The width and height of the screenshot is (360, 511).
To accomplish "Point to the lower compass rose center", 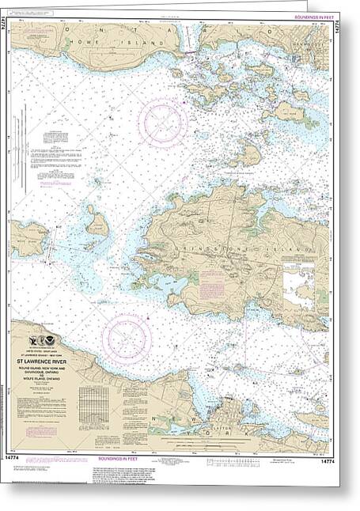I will tap(127, 336).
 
